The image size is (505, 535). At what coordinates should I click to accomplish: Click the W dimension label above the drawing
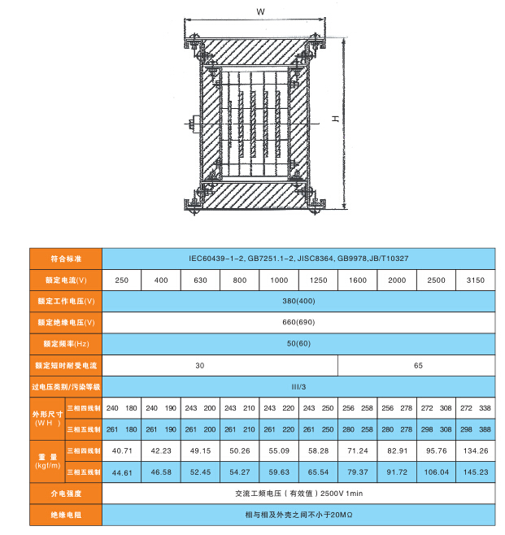point(259,12)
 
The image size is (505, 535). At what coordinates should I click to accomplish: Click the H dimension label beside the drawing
point(334,119)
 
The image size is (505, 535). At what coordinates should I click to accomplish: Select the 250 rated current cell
point(122,281)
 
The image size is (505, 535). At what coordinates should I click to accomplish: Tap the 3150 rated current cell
point(475,281)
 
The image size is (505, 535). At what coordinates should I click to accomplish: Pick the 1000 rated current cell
point(279,281)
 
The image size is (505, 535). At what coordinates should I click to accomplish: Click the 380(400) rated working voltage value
point(298,301)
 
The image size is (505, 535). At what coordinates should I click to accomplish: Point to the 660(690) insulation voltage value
point(298,322)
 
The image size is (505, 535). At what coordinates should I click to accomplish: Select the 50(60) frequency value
point(298,343)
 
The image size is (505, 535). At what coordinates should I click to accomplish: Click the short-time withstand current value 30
point(200,365)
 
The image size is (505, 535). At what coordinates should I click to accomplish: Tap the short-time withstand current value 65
point(418,365)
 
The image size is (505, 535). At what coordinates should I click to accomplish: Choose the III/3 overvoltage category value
point(298,386)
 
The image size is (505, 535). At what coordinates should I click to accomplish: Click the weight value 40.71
point(122,450)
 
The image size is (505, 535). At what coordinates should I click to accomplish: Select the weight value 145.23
point(475,472)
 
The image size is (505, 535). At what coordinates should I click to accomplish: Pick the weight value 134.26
point(475,450)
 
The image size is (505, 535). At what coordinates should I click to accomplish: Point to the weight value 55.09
point(279,450)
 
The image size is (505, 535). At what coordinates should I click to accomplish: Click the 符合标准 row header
point(66,259)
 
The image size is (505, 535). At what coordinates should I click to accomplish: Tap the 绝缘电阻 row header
point(66,515)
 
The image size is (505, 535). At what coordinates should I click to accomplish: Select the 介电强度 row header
point(66,494)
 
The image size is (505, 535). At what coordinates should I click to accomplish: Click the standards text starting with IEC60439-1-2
point(298,259)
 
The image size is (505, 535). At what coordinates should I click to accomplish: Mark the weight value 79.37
point(357,472)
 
